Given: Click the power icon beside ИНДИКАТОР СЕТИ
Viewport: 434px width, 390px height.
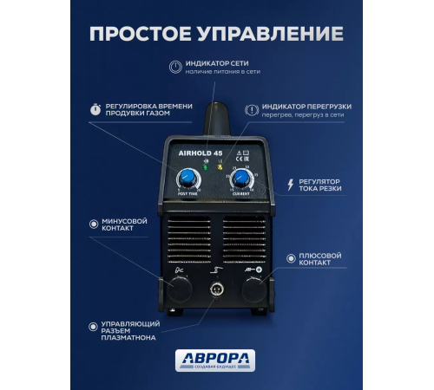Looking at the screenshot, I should [x=175, y=66].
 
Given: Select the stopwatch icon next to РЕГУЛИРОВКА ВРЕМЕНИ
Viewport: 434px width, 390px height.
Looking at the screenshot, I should [x=95, y=110].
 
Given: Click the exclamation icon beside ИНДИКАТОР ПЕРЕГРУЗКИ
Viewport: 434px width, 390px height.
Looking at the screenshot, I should [x=252, y=110].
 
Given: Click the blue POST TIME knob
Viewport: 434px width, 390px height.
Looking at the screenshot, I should [x=186, y=179].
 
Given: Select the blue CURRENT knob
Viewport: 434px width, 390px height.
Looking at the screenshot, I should [x=241, y=179].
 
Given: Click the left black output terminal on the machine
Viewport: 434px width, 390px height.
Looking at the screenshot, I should [x=179, y=290].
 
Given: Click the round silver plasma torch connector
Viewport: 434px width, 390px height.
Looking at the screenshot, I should [x=216, y=289].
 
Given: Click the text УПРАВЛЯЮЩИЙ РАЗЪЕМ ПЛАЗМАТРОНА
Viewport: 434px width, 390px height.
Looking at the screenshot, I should [x=128, y=331].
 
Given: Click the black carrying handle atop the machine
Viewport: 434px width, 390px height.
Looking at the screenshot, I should [x=216, y=117].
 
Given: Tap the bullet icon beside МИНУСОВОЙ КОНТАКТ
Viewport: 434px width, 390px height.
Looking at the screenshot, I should [x=94, y=222].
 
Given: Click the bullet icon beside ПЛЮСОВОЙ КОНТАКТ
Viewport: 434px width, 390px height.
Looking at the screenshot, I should [x=290, y=257].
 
